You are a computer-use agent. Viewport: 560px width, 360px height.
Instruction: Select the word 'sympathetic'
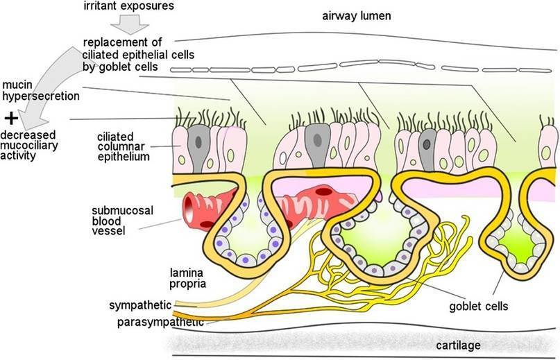[139, 305]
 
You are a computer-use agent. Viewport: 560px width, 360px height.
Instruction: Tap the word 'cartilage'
[458, 345]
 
